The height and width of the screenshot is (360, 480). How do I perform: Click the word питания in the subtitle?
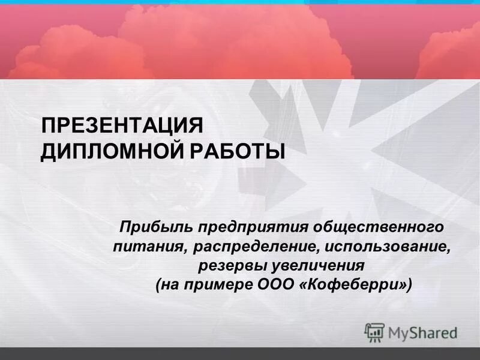pos(143,246)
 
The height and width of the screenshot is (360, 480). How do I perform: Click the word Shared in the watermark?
pos(433,332)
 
